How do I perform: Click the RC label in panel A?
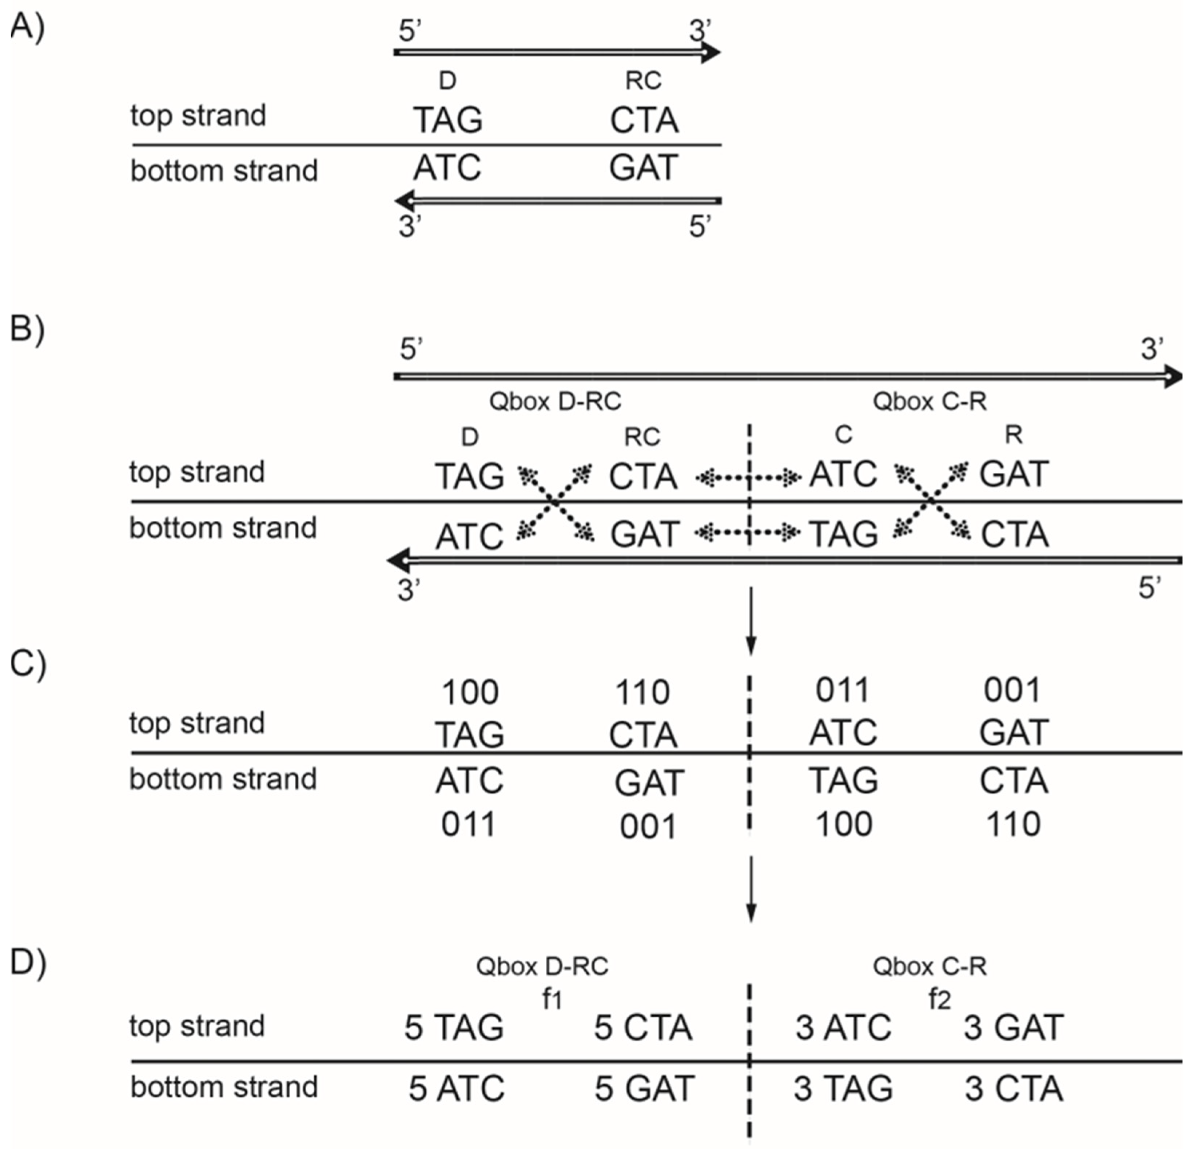pyautogui.click(x=643, y=80)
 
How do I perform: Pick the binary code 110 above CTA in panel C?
pyautogui.click(x=643, y=692)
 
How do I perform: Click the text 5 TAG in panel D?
pyautogui.click(x=454, y=1027)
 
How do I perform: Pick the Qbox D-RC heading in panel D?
pyautogui.click(x=542, y=966)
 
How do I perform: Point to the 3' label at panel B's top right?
pyautogui.click(x=1151, y=349)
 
